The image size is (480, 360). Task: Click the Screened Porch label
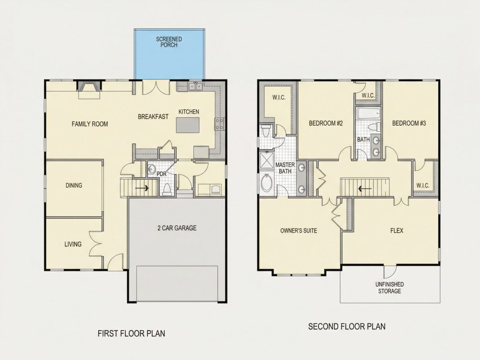(x=169, y=42)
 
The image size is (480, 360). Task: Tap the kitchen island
(x=188, y=125)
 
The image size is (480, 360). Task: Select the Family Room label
(x=90, y=124)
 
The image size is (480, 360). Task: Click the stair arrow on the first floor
(x=142, y=187)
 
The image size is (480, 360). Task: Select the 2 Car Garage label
(x=177, y=228)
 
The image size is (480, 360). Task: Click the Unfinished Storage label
(x=390, y=288)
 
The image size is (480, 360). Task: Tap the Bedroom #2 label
(x=326, y=123)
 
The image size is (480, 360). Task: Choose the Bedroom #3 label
(x=409, y=123)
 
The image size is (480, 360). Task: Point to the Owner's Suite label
(x=299, y=230)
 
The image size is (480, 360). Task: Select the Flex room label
(x=397, y=230)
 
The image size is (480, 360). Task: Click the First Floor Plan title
(x=131, y=333)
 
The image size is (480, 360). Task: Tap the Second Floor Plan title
(x=347, y=327)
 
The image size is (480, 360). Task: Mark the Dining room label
(x=74, y=185)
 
